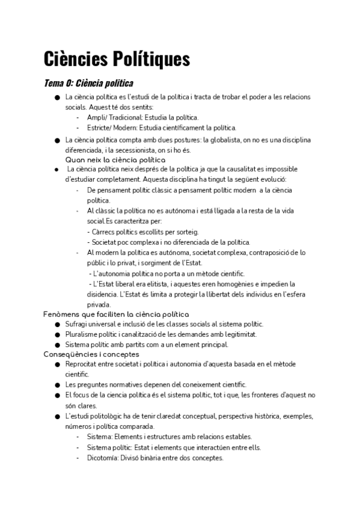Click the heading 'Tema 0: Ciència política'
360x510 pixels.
89,83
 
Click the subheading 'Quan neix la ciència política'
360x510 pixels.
115,160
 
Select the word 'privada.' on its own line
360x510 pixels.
99,305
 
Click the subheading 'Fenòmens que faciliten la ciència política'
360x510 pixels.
116,315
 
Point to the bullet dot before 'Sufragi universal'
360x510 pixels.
56,325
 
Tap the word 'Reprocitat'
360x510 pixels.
84,364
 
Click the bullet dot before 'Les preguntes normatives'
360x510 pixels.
56,385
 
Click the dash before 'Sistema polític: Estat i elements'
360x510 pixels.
78,447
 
